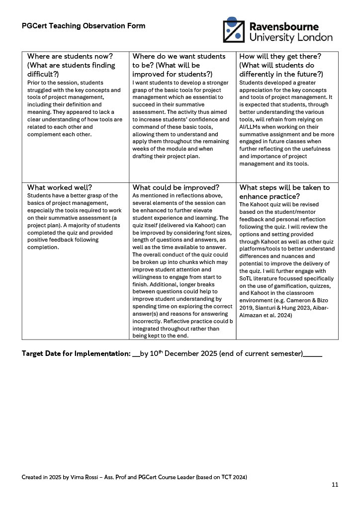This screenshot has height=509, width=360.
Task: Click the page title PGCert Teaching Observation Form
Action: click(84, 26)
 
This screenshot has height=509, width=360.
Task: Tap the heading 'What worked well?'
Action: click(59, 187)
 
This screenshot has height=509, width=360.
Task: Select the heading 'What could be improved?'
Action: click(176, 187)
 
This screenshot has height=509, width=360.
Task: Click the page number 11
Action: click(335, 485)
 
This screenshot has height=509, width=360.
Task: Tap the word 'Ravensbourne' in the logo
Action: click(283, 26)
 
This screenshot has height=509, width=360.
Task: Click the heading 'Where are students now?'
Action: click(70, 56)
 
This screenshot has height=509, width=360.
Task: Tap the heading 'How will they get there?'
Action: click(280, 56)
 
